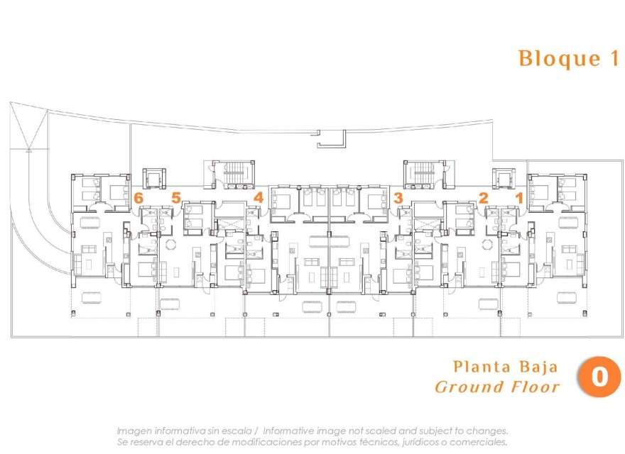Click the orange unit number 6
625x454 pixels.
click(x=139, y=198)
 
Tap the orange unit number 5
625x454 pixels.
click(x=176, y=198)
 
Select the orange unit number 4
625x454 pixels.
click(x=259, y=198)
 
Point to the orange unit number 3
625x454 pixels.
click(x=398, y=198)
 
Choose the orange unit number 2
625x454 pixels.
click(x=484, y=198)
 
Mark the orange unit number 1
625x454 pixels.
click(x=519, y=198)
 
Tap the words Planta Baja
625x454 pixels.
click(x=505, y=367)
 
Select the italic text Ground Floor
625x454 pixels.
click(x=496, y=387)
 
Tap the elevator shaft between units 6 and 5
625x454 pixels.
click(x=154, y=177)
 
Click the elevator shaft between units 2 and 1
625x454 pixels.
click(x=504, y=177)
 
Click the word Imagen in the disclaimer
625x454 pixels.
click(x=134, y=431)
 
